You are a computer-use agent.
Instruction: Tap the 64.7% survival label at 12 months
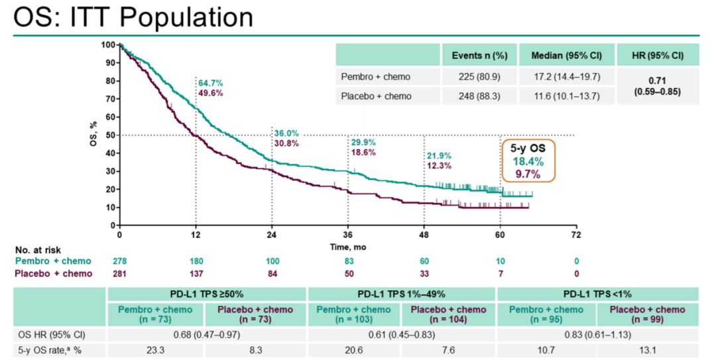[211, 84]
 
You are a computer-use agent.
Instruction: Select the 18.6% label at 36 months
[363, 152]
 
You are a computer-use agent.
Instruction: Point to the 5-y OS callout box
[528, 161]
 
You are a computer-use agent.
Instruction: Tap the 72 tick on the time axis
[575, 235]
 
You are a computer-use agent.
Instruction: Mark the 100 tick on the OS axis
[107, 45]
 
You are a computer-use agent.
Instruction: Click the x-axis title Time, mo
[348, 247]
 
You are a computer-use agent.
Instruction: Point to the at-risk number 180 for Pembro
[196, 261]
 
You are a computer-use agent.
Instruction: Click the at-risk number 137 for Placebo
[196, 273]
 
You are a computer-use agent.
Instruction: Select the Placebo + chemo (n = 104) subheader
[448, 314]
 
